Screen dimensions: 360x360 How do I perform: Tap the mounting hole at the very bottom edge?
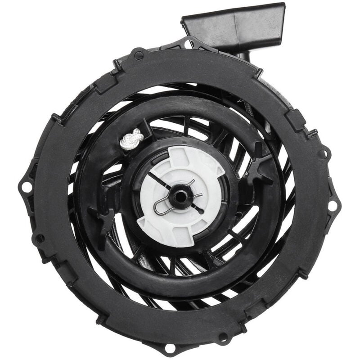coord(170,347)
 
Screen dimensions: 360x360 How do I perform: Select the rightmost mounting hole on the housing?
coord(333,206)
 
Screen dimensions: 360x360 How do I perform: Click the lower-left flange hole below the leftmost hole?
coord(40,238)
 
